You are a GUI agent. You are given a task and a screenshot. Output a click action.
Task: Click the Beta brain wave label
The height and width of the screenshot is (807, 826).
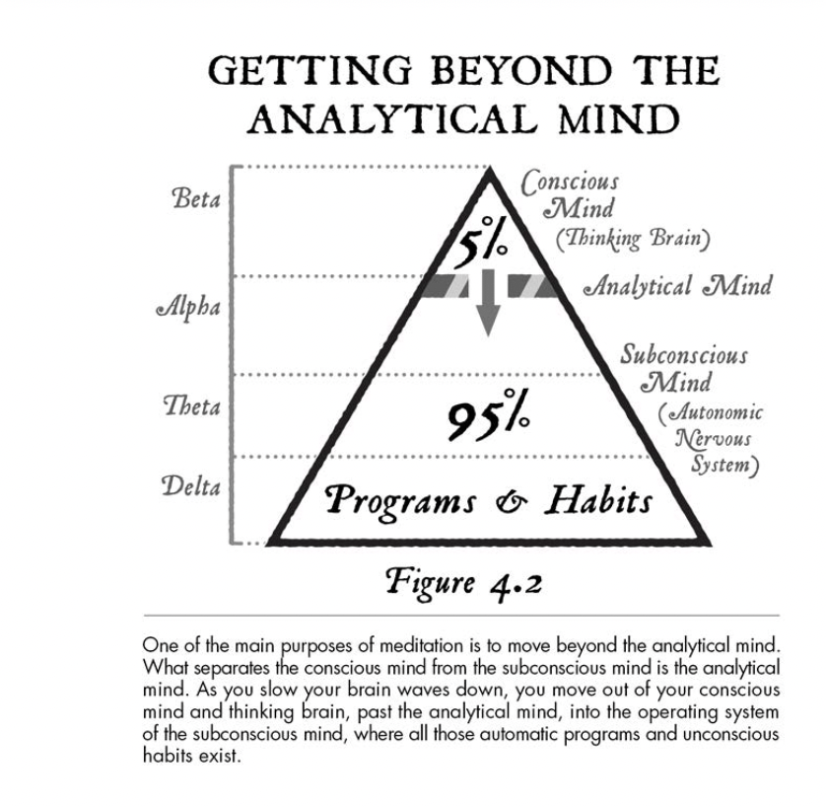[196, 198]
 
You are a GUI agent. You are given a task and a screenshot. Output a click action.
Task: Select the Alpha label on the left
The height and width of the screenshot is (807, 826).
[188, 307]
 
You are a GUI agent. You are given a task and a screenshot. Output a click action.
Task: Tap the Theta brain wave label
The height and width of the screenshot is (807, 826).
[191, 405]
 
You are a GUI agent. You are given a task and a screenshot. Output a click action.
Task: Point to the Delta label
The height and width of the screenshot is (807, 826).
[190, 485]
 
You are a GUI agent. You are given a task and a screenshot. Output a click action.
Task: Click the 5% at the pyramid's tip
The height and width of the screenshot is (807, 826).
[480, 243]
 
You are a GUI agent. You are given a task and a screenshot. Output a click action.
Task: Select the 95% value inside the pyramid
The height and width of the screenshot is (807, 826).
[488, 414]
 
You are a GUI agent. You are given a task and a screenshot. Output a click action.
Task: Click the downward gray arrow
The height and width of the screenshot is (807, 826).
[488, 302]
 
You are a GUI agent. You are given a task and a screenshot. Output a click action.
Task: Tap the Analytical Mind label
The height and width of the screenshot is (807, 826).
[677, 286]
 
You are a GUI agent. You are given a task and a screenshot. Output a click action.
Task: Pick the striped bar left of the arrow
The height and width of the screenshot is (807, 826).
[445, 286]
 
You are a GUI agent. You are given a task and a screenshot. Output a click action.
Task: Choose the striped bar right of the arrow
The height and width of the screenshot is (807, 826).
[532, 286]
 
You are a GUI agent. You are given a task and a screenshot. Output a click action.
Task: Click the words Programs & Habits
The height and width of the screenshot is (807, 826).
[488, 501]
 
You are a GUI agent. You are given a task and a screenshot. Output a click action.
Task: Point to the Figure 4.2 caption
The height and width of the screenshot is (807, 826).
[463, 583]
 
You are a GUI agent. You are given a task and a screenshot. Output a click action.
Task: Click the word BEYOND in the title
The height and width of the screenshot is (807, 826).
[522, 70]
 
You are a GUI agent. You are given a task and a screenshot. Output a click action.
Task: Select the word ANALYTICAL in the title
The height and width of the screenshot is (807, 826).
[392, 118]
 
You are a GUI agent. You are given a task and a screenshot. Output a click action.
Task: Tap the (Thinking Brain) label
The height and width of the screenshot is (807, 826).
[633, 239]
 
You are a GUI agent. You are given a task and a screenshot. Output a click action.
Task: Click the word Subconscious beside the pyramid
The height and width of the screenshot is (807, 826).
[684, 354]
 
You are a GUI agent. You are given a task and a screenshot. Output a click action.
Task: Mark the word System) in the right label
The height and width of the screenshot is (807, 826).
[724, 465]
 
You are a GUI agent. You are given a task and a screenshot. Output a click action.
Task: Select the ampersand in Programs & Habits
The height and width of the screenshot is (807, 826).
[511, 502]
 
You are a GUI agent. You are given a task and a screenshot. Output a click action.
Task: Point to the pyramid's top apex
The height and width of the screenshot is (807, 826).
[489, 169]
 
